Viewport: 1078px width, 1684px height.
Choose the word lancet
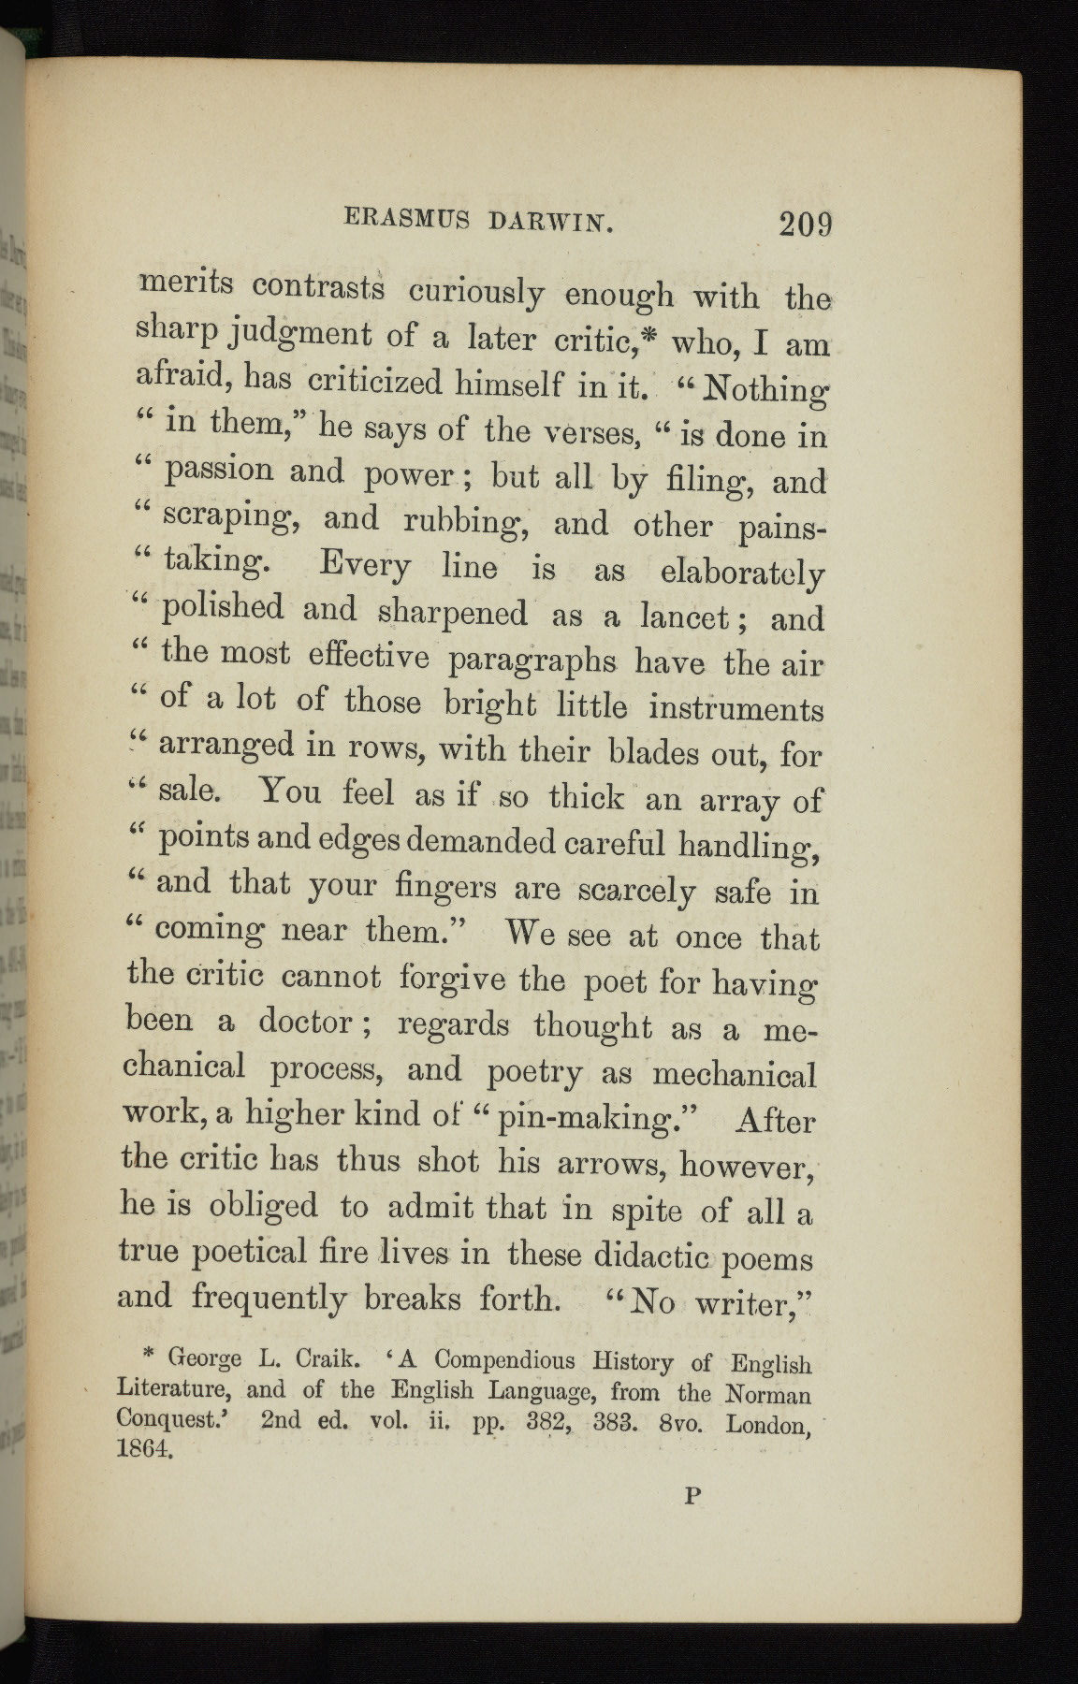click(x=685, y=617)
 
